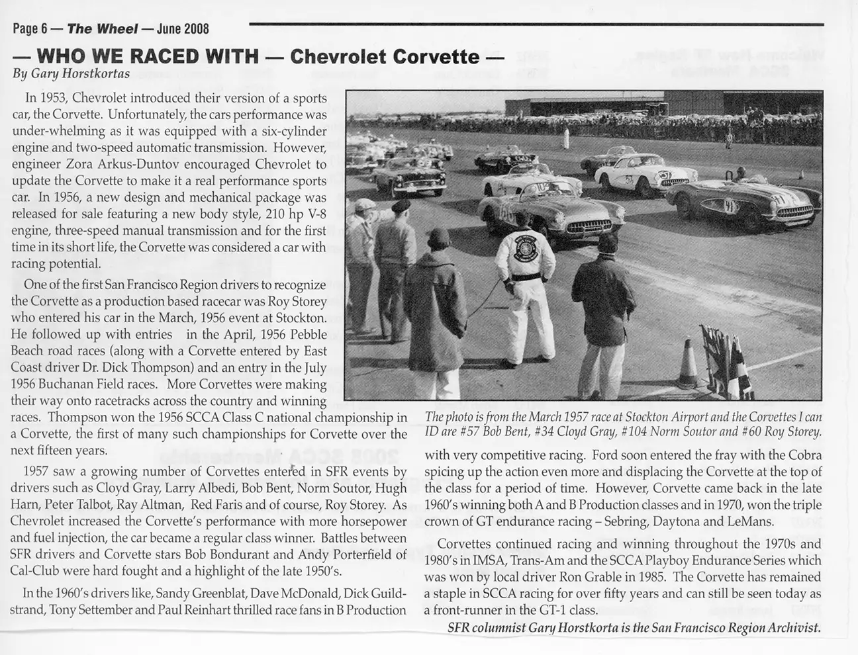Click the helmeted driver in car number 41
pyautogui.click(x=741, y=175)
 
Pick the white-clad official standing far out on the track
pyautogui.click(x=566, y=139)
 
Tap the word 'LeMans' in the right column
pyautogui.click(x=751, y=521)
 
